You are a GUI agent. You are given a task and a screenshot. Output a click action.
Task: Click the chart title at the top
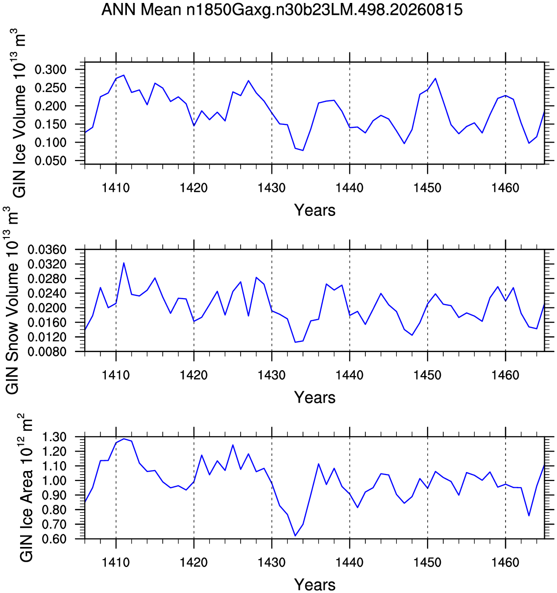282,10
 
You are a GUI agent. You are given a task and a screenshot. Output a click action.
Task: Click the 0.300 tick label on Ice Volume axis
50,70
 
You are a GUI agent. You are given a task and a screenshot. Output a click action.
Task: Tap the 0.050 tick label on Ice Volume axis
50,161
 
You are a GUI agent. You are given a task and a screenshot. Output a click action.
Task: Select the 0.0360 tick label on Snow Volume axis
47,249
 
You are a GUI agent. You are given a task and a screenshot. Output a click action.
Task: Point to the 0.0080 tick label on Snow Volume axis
47,352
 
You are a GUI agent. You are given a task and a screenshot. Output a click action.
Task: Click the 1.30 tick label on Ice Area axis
54,437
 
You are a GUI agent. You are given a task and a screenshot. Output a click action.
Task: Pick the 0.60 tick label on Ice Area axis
54,539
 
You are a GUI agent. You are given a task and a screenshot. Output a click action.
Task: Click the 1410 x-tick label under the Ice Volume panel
116,188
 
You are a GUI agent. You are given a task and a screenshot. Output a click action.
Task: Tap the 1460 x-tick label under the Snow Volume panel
505,375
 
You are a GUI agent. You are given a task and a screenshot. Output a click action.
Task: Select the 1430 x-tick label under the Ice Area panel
271,563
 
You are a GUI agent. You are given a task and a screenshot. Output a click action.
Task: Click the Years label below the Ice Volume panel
315,210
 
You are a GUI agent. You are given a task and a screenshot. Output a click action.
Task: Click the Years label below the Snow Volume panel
315,398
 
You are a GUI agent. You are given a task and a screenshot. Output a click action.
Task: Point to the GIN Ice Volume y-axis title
20,113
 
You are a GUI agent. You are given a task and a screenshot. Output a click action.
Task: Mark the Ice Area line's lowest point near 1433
295,536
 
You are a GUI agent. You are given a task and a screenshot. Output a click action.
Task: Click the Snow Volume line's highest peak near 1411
124,263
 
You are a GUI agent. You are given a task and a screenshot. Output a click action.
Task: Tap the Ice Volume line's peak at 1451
436,78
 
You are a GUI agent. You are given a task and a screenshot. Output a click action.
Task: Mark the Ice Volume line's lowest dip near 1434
303,150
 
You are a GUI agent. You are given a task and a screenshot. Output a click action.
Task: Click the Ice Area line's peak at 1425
233,445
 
